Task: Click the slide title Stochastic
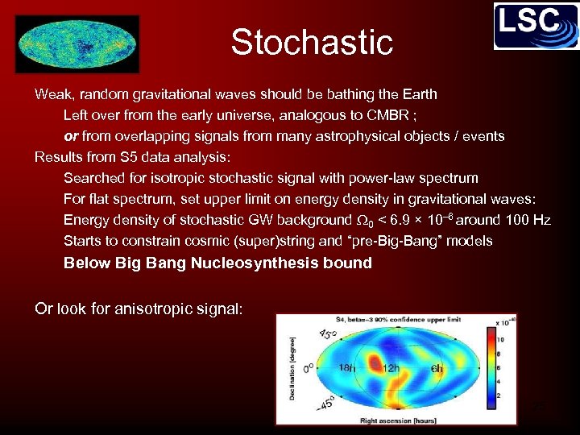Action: [x=312, y=42]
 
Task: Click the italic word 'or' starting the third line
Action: [x=70, y=136]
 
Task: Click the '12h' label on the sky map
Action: [x=391, y=368]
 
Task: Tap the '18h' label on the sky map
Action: [x=346, y=368]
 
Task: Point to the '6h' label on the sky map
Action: [x=436, y=368]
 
